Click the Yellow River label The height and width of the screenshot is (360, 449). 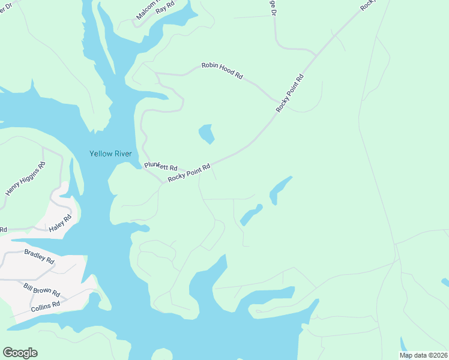(x=110, y=154)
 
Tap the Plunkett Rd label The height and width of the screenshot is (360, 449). (x=161, y=167)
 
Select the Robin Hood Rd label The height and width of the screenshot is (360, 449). (x=222, y=70)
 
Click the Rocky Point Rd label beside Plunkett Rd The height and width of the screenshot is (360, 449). (x=189, y=173)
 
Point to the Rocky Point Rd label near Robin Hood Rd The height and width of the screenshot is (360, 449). (x=291, y=94)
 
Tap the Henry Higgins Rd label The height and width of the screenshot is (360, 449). (x=25, y=179)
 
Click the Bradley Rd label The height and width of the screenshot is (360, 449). (x=39, y=257)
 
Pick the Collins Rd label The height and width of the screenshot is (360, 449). (x=46, y=305)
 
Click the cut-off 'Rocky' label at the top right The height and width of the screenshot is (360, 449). (x=367, y=5)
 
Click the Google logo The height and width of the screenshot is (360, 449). (x=20, y=353)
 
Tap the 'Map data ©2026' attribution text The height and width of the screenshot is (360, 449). (x=423, y=355)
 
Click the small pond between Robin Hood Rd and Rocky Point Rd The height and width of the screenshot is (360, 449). (x=206, y=133)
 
